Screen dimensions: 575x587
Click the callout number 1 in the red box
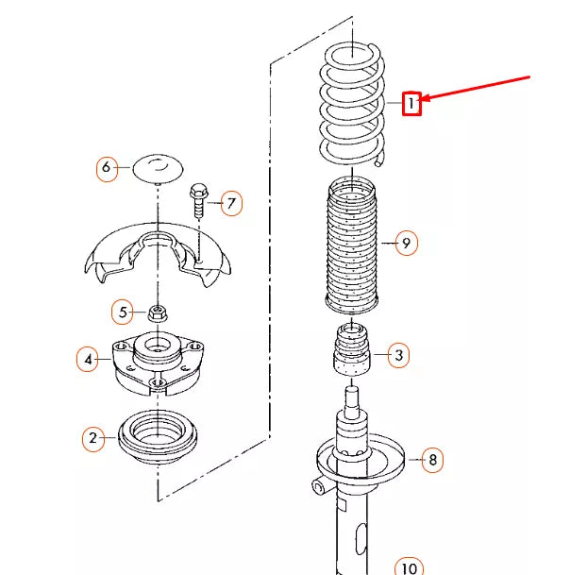tap(411, 102)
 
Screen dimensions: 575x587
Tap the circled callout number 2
tap(92, 437)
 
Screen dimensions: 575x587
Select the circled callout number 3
tap(399, 355)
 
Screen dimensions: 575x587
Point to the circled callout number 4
tap(88, 359)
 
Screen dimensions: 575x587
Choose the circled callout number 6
tap(107, 168)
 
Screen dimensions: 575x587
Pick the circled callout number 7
tap(231, 202)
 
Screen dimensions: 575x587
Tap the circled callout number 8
tap(432, 460)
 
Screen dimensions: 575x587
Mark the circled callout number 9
tap(405, 244)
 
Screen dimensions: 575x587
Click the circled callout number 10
tap(408, 567)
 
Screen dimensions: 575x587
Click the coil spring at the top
tap(351, 104)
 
